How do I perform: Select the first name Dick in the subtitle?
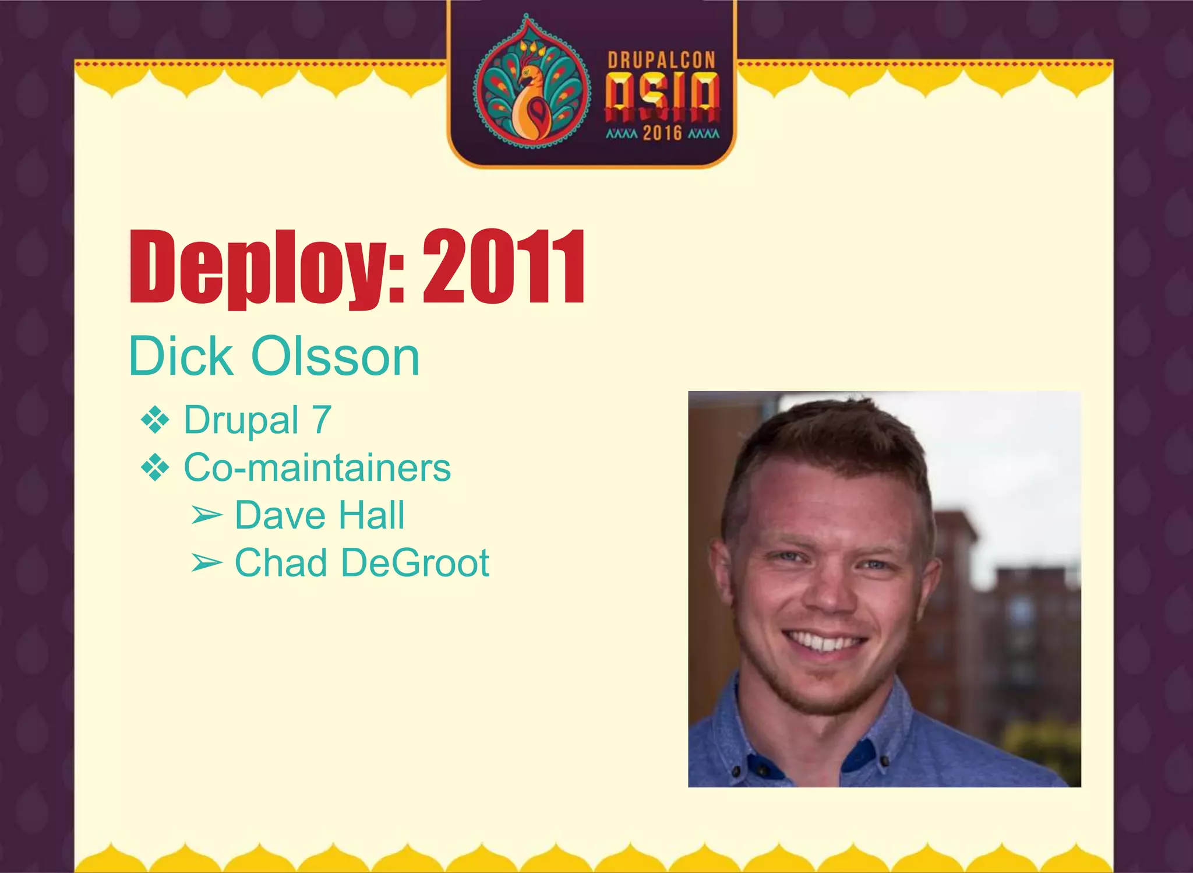[x=181, y=356]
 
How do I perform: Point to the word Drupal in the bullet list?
[x=241, y=420]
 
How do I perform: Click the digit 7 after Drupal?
[x=322, y=420]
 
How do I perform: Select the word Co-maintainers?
[x=317, y=467]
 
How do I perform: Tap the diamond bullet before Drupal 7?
[x=155, y=420]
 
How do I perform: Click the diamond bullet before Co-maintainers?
[x=155, y=468]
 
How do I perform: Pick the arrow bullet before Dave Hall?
[x=207, y=515]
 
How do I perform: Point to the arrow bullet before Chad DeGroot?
[x=207, y=563]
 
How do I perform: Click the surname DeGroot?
[x=415, y=563]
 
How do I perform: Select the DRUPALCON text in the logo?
[x=661, y=61]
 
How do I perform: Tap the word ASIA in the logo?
[x=662, y=93]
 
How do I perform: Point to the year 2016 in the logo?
[x=662, y=133]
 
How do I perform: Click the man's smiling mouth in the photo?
[x=823, y=641]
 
